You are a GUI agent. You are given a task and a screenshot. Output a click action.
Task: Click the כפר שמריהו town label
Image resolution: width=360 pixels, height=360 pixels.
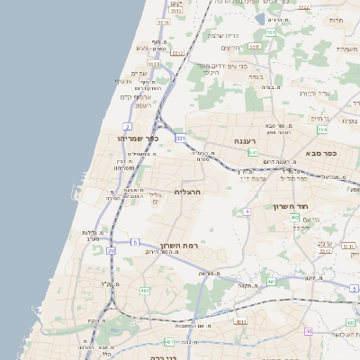click(138, 139)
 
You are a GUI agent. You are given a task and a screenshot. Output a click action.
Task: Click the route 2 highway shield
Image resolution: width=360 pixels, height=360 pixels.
click(129, 127)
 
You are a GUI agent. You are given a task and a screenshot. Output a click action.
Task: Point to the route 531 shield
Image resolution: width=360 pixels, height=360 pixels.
click(180, 138)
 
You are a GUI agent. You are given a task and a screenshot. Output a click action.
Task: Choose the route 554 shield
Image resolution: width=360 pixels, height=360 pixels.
click(322, 130)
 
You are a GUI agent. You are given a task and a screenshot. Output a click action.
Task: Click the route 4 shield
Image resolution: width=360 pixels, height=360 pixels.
click(246, 211)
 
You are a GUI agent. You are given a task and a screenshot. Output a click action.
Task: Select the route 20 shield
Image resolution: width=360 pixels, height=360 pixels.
click(112, 251)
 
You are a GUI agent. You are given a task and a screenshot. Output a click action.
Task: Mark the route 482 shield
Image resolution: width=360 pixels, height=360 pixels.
click(145, 291)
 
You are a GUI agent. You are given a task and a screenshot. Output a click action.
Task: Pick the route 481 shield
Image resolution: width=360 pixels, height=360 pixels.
click(169, 343)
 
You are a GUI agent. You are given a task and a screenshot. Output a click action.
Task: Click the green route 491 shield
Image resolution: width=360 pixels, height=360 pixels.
click(271, 282)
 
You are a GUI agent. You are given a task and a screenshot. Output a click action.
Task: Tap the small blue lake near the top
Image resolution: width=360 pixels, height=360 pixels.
click(272, 19)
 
